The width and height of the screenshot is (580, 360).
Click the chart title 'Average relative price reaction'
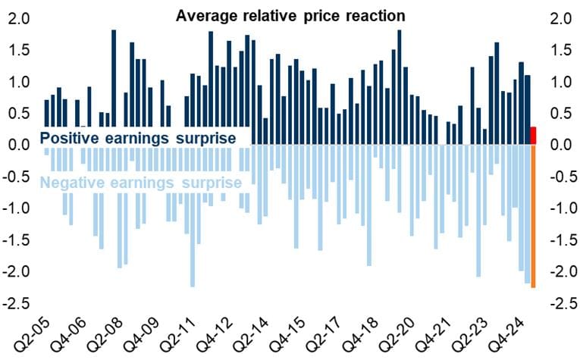tap(290, 15)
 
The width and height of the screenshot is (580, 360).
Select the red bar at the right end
tap(534, 135)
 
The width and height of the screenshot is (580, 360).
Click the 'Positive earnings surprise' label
tap(137, 138)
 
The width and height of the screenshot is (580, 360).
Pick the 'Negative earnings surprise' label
tap(140, 183)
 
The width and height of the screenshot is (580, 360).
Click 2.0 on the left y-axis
tap(17, 18)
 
